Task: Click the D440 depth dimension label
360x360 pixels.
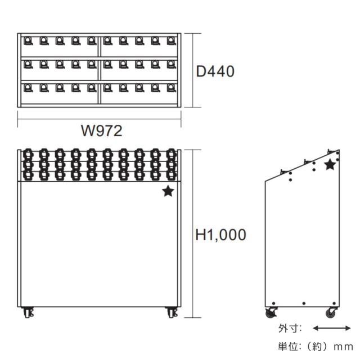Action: [215, 71]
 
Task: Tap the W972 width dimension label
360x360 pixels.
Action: [101, 130]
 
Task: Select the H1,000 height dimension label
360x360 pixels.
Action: [220, 235]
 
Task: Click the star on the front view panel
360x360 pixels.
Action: [168, 191]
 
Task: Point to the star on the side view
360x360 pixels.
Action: [330, 165]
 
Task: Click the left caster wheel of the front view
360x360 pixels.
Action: [28, 313]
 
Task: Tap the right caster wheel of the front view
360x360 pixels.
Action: [172, 313]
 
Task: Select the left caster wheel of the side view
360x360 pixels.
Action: [271, 313]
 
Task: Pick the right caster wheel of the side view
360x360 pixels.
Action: [331, 313]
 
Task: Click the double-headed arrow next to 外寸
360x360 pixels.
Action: [332, 328]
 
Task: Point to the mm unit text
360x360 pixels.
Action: [343, 347]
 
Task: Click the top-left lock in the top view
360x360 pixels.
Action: [28, 41]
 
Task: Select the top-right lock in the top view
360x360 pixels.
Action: [172, 41]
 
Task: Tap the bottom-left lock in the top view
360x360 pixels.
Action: [28, 88]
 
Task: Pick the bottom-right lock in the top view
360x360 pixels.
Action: [172, 88]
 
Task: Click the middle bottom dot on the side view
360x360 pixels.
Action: [304, 304]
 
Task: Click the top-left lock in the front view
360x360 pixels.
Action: [28, 154]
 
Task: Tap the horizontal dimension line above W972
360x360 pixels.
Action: [99, 119]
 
